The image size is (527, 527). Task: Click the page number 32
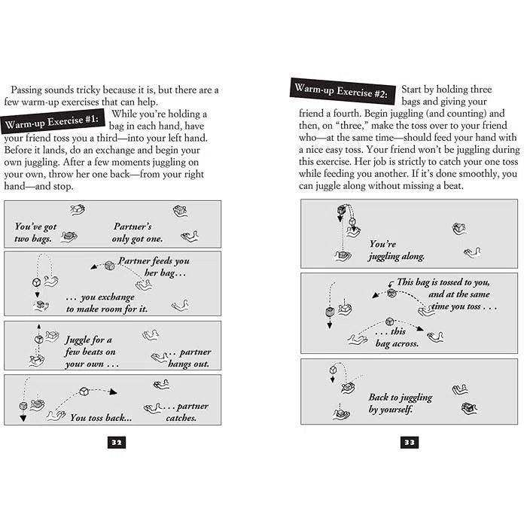coord(116,443)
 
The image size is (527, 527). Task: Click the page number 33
coord(409,443)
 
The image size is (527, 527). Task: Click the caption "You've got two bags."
coord(35,233)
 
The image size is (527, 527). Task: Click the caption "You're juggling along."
coord(397,250)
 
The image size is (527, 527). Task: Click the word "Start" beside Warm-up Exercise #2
coord(415,90)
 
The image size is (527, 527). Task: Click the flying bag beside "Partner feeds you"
coord(109,267)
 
